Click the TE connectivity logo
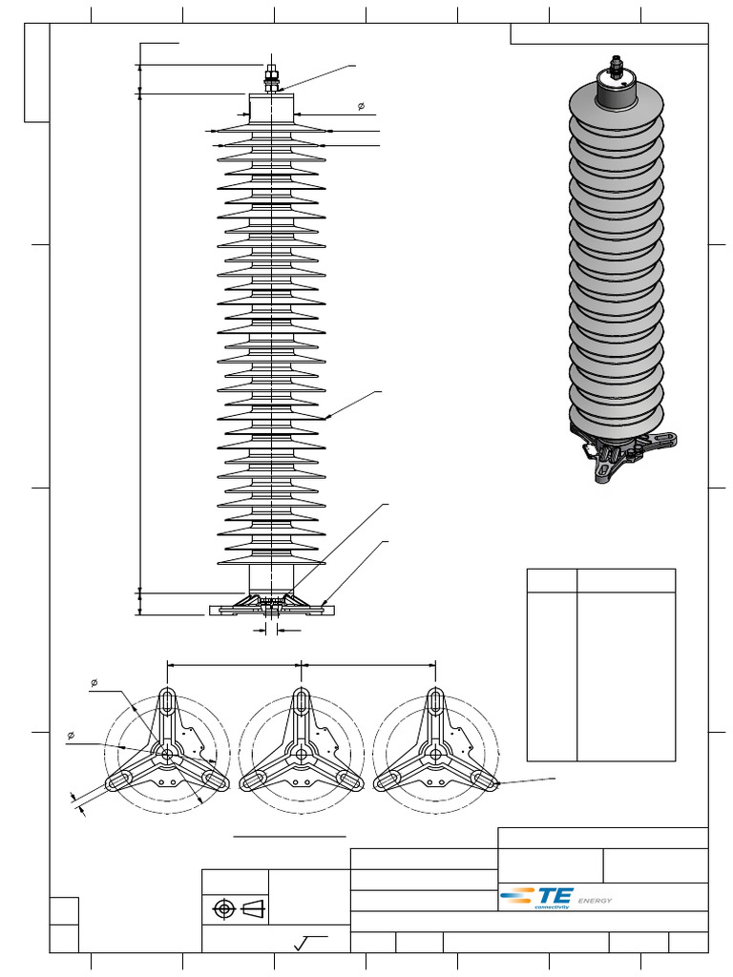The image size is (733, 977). tap(537, 897)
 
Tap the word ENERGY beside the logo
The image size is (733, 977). tap(595, 901)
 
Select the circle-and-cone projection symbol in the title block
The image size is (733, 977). tap(236, 908)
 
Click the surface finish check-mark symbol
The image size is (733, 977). tap(304, 944)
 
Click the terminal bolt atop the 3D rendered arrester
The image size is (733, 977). tap(616, 68)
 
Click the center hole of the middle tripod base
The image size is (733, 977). tap(302, 754)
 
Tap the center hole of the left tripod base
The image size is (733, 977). tap(167, 754)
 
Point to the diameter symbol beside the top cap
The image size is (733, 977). tap(361, 106)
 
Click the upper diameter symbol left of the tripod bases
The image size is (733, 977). tap(94, 682)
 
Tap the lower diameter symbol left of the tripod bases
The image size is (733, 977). tap(72, 735)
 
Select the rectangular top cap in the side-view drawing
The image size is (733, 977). tap(272, 106)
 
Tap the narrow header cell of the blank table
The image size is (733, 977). tap(552, 580)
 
